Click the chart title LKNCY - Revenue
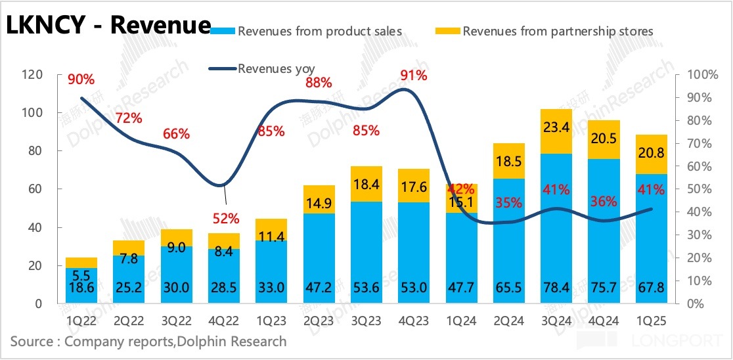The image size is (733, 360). pyautogui.click(x=108, y=25)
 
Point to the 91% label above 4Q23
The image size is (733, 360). pyautogui.click(x=414, y=76)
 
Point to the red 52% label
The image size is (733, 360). pyautogui.click(x=225, y=218)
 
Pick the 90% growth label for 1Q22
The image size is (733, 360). pyautogui.click(x=81, y=79)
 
